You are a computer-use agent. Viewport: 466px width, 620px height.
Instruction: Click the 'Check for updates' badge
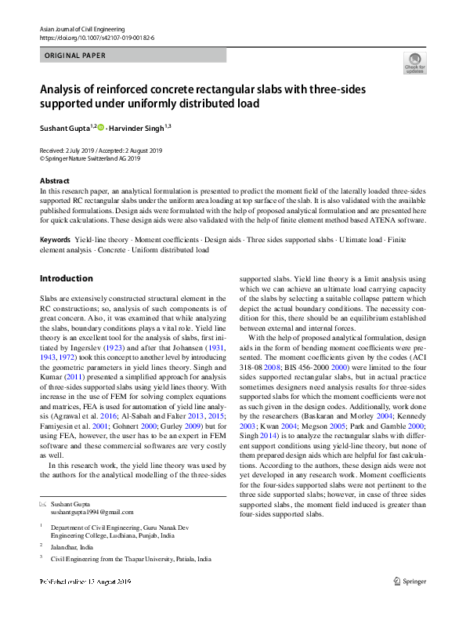pyautogui.click(x=414, y=63)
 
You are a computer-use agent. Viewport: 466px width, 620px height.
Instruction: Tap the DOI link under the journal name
pyautogui.click(x=96, y=38)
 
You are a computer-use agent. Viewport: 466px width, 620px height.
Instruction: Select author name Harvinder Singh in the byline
pyautogui.click(x=137, y=127)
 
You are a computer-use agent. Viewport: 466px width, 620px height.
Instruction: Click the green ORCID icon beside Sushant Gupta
pyautogui.click(x=100, y=127)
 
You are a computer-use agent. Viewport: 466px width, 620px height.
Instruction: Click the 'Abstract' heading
pyautogui.click(x=54, y=181)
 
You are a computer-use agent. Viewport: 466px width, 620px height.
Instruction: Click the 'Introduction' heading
pyautogui.click(x=66, y=278)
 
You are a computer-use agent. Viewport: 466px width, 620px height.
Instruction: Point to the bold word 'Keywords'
pyautogui.click(x=55, y=239)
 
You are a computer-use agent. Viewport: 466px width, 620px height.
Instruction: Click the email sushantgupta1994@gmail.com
pyautogui.click(x=92, y=512)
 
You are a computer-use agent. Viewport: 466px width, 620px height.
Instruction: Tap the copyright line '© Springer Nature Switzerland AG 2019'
pyautogui.click(x=90, y=158)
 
